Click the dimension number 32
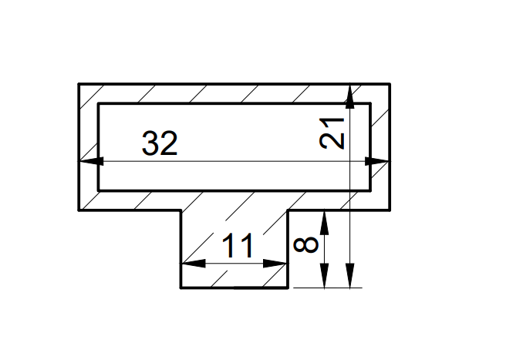tap(160, 143)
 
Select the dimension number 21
tap(332, 133)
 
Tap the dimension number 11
tap(238, 246)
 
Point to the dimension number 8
tap(305, 244)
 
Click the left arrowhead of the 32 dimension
tap(91, 161)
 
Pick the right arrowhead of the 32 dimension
tap(377, 161)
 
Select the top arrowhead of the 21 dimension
tap(349, 96)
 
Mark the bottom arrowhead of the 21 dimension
tap(349, 275)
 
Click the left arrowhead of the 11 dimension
tap(194, 264)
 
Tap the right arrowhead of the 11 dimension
tap(275, 264)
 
